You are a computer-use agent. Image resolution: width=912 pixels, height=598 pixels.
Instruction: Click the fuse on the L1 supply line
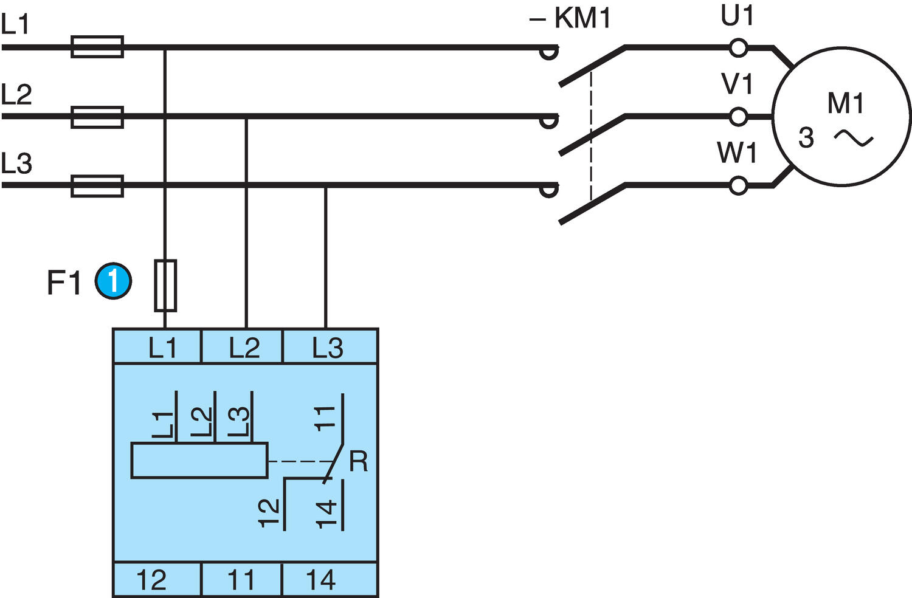pos(97,47)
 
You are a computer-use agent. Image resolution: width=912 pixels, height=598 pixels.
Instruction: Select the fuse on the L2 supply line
pos(97,117)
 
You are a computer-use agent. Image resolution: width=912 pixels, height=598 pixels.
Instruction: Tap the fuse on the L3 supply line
pos(97,186)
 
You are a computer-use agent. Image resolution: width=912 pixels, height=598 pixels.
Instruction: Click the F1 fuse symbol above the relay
pos(165,285)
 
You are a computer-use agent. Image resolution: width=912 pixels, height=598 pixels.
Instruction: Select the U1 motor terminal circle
pos(738,48)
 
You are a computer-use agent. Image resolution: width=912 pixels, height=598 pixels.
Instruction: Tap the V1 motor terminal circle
pos(738,117)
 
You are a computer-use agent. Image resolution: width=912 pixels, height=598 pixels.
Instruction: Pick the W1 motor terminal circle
pos(738,186)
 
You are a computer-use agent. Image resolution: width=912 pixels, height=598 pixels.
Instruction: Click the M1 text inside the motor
pos(845,104)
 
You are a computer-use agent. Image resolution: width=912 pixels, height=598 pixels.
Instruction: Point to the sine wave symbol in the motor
pos(854,138)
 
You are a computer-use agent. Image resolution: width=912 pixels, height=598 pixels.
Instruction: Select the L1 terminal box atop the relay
pos(157,347)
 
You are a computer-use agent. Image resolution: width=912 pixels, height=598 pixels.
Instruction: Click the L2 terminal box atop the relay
pos(243,347)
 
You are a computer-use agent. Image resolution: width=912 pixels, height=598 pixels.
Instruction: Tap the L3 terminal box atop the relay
pos(329,347)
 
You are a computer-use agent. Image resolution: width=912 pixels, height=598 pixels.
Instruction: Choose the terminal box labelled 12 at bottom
pos(157,580)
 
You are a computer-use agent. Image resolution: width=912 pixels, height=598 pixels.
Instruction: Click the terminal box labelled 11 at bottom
pos(241,580)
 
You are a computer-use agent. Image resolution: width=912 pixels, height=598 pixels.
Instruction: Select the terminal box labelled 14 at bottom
pos(329,580)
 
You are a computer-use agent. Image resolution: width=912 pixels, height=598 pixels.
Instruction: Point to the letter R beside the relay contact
pos(359,462)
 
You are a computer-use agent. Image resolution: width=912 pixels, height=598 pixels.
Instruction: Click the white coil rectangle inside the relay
pos(199,461)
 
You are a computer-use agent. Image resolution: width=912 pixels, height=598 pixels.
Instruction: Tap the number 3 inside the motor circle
pos(806,139)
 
